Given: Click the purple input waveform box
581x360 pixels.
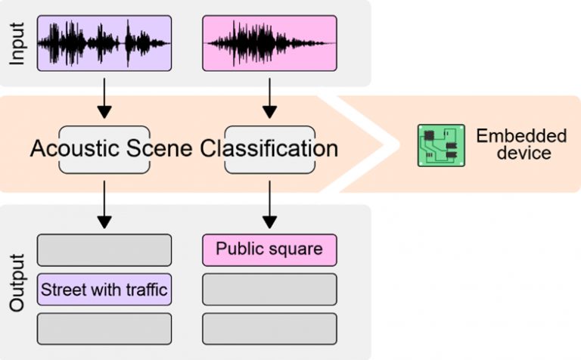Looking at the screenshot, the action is click(104, 43).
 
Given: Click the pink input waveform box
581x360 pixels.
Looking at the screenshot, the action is click(269, 43).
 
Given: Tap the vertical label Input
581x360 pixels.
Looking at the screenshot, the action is click(17, 44).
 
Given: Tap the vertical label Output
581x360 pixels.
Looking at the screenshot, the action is click(17, 283).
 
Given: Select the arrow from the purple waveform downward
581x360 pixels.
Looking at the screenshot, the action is click(104, 98).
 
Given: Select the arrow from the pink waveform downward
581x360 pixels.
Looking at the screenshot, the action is click(269, 98).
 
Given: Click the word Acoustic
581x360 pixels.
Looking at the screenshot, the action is click(74, 148).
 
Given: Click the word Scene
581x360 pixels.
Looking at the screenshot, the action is click(160, 148).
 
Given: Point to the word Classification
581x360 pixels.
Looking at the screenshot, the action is click(269, 148).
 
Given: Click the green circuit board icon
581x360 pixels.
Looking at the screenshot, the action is click(441, 145).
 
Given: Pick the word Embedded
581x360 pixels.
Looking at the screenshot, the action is click(521, 136).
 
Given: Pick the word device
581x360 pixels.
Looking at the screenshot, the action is click(524, 153).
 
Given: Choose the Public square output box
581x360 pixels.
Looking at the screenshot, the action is click(269, 250).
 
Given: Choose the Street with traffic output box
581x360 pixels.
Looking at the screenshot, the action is click(104, 290).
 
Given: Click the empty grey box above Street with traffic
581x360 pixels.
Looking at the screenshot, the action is click(104, 250).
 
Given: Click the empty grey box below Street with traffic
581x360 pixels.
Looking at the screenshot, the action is click(104, 329).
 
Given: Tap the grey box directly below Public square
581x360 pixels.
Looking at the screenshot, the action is click(269, 290).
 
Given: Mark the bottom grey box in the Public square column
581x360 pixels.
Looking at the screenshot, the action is click(269, 329).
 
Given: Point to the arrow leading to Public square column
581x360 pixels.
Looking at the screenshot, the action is click(269, 204).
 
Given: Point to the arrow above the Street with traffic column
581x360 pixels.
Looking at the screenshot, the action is click(104, 204).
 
